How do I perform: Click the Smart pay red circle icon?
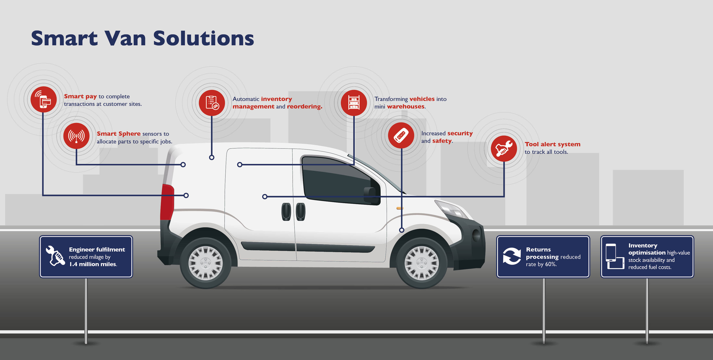point(43,99)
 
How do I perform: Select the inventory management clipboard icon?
point(212,103)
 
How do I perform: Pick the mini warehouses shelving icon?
point(354,103)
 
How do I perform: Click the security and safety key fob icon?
point(401,135)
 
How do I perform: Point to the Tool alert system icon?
point(504,149)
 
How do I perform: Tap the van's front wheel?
point(422,263)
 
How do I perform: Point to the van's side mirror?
point(372,196)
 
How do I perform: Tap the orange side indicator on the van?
point(400,208)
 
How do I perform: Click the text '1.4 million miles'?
point(93,264)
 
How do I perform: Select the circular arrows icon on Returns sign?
point(512,256)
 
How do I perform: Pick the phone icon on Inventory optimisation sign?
point(611,252)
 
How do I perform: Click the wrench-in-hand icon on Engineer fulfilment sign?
point(55,256)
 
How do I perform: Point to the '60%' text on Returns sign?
point(551,264)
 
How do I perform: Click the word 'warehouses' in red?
point(405,106)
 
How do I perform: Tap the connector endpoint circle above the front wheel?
point(402,230)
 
